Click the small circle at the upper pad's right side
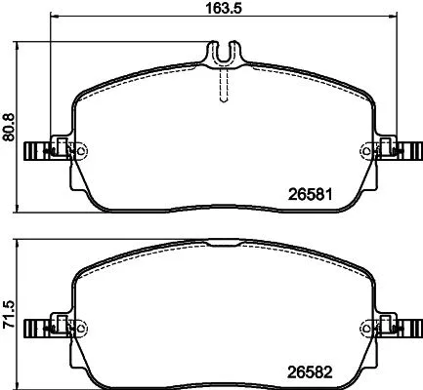pyautogui.click(x=367, y=151)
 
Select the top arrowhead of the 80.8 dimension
pyautogui.click(x=22, y=44)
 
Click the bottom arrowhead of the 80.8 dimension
pyautogui.click(x=22, y=207)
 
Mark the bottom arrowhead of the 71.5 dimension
pyautogui.click(x=22, y=385)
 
